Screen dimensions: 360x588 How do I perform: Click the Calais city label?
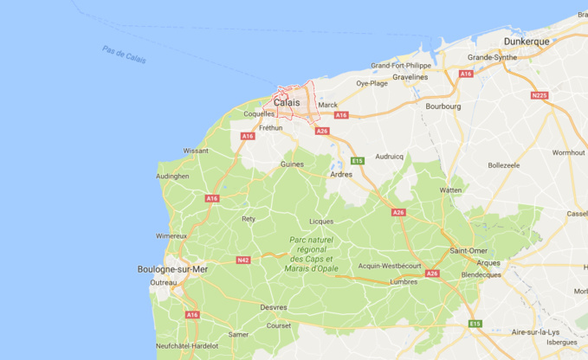[x=287, y=102]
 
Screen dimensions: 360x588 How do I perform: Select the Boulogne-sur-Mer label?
[x=173, y=269]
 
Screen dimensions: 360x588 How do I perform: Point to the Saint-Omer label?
[x=468, y=251]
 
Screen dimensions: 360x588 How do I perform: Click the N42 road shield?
[x=243, y=260]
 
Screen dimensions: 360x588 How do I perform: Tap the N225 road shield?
[x=540, y=95]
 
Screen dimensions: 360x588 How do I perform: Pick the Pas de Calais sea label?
[x=124, y=55]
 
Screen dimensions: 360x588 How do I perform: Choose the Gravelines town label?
[x=410, y=76]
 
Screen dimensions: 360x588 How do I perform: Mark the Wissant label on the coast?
[x=196, y=150]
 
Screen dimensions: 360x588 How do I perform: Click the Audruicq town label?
[x=389, y=157]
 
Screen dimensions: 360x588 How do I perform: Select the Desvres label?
[x=274, y=306]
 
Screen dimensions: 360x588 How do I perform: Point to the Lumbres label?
[x=404, y=281]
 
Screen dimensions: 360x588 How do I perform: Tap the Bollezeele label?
[x=503, y=164]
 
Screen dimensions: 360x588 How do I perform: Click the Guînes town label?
[x=292, y=164]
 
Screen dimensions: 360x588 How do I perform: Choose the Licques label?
[x=321, y=221]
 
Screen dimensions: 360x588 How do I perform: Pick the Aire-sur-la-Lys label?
[x=535, y=332]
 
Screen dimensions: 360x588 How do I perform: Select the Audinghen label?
[x=172, y=176]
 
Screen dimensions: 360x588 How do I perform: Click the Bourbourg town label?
[x=443, y=106]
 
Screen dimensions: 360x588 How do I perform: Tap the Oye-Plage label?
[x=372, y=84]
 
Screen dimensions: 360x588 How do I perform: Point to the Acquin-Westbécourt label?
[x=390, y=266]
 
